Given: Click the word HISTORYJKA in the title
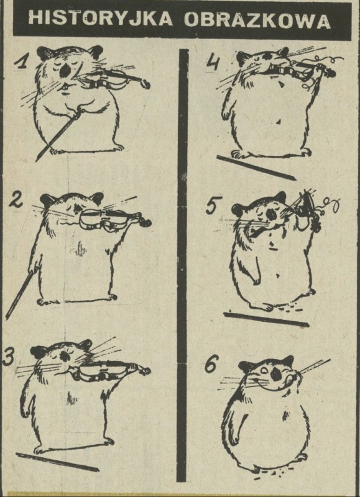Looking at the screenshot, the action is (100, 18).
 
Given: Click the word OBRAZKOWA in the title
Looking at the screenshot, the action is (257, 20).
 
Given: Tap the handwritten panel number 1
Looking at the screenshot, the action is (22, 62).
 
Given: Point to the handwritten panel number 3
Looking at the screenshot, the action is (9, 356).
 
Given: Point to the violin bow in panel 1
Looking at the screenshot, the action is (57, 135).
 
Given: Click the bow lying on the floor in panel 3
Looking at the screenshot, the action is (57, 462).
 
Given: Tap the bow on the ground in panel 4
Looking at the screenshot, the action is (256, 167).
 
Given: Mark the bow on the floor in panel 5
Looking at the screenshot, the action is (266, 319).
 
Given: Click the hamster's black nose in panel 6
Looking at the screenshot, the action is (275, 375).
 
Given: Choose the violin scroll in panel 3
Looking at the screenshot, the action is (145, 370).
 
